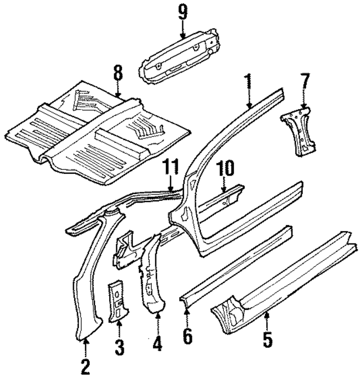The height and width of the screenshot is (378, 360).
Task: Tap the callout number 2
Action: point(85,367)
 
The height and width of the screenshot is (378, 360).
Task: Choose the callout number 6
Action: point(187,336)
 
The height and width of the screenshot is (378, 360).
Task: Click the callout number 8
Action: point(117,73)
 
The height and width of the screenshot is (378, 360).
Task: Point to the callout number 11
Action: point(170,168)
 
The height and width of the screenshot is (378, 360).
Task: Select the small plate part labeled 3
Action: point(119,301)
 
